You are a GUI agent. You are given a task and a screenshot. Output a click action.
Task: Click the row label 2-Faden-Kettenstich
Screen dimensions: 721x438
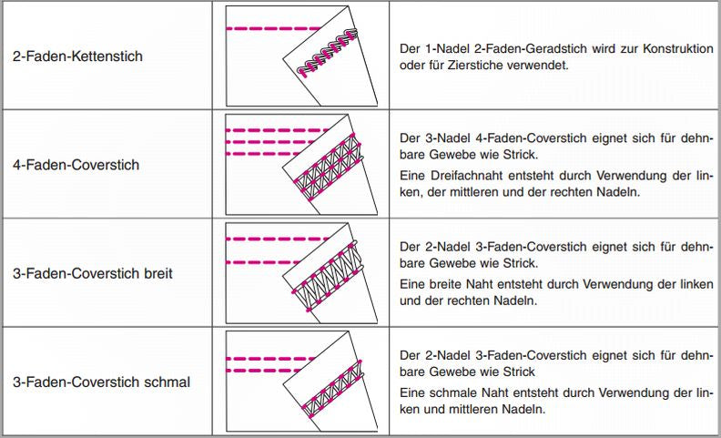pos(77,56)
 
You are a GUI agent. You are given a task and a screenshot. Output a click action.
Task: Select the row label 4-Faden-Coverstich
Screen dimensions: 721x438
pos(76,165)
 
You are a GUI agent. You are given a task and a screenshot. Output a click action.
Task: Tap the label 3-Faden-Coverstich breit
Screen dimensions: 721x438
pos(93,274)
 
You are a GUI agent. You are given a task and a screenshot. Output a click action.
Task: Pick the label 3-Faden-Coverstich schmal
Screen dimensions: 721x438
pos(101,382)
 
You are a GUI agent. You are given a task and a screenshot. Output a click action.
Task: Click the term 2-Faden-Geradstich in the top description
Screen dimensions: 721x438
pos(523,48)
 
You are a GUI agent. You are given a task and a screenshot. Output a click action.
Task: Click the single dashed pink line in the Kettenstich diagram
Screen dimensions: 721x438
pos(273,28)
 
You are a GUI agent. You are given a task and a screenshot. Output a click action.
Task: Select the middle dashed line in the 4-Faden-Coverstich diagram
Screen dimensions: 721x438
pos(275,142)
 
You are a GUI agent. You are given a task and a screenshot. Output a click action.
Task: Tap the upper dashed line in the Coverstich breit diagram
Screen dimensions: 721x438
pos(277,239)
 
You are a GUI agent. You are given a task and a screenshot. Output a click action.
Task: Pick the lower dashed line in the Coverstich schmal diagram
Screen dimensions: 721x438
pos(264,371)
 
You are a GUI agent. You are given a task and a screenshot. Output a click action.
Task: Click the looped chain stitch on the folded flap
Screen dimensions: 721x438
pos(328,52)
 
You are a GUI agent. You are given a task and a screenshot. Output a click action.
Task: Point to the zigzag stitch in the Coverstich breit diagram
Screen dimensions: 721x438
pos(328,276)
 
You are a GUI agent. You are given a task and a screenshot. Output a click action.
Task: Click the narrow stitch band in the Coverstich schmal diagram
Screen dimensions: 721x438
pos(332,389)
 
